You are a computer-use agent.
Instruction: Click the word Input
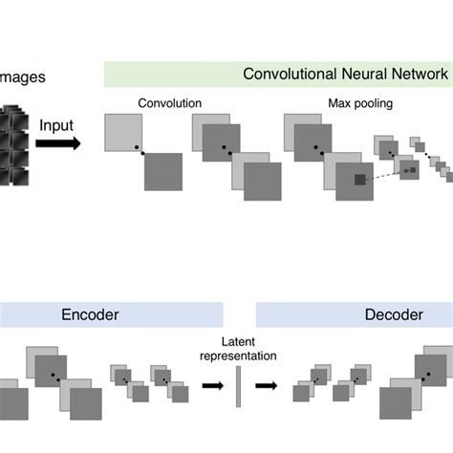pos(59,124)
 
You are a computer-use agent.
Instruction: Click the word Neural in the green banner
pos(364,75)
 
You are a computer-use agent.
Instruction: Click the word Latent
pos(237,341)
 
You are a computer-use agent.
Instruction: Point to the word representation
pos(238,356)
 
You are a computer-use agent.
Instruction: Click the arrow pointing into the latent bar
pos(211,386)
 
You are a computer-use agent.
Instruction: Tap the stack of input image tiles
pos(13,143)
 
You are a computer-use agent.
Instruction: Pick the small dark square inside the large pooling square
pos(359,180)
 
